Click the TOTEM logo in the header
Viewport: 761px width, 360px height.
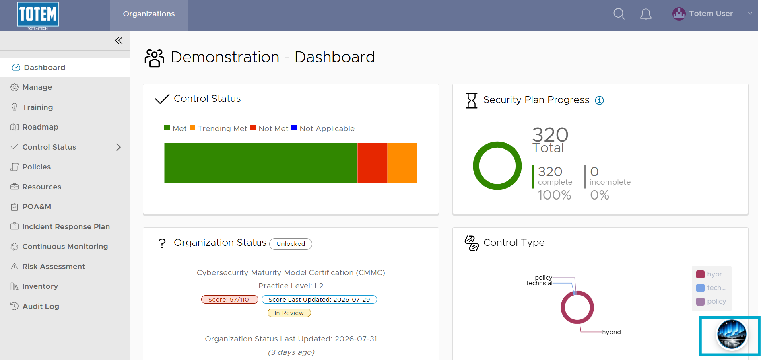[38, 15]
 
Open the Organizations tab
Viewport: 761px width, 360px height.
[149, 14]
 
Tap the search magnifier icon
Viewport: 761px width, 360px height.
[619, 14]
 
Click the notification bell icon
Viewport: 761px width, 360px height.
[646, 14]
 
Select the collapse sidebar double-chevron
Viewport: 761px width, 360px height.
[119, 41]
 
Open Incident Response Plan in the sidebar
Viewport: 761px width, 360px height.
[60, 227]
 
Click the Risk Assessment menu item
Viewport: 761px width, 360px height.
[48, 267]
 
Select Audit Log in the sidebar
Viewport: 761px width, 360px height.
[35, 307]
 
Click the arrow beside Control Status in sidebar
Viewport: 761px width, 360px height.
[118, 147]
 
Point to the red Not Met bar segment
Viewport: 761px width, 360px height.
[372, 163]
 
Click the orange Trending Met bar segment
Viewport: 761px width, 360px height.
[402, 163]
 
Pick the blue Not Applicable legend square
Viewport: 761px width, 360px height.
[294, 128]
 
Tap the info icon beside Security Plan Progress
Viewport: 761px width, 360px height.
[600, 100]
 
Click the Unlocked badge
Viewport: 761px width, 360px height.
[291, 244]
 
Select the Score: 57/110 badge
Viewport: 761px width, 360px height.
[229, 300]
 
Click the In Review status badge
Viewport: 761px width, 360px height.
[289, 313]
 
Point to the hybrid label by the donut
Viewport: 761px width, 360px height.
[611, 332]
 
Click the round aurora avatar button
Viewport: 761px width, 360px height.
[732, 335]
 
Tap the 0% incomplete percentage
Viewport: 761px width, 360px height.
[600, 195]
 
